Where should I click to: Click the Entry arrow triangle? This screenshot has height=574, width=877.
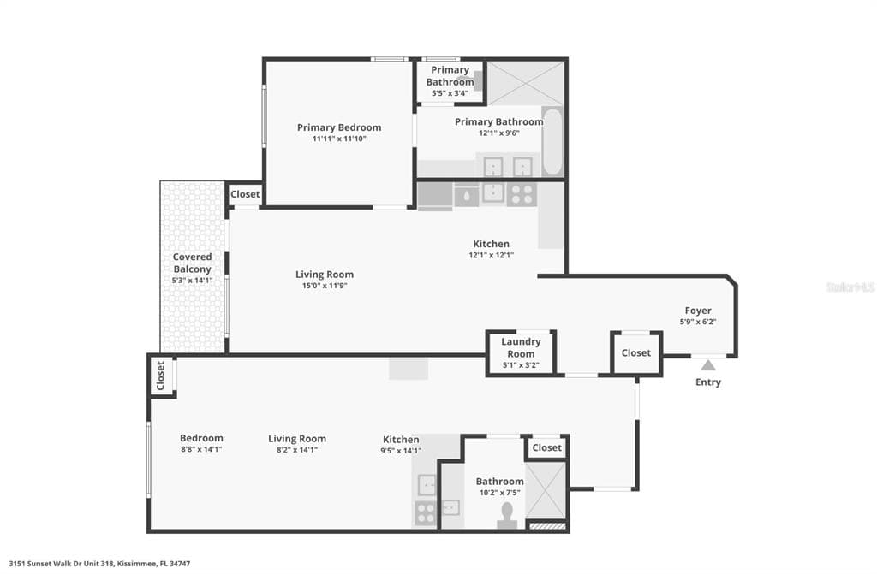pyautogui.click(x=708, y=364)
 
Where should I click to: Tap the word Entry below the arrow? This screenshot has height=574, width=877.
pyautogui.click(x=708, y=382)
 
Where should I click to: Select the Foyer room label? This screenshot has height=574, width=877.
pyautogui.click(x=697, y=311)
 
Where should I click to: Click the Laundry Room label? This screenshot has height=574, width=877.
pyautogui.click(x=521, y=348)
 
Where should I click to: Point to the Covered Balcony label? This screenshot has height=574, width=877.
pyautogui.click(x=192, y=263)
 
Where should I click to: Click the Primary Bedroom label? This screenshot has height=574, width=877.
pyautogui.click(x=339, y=127)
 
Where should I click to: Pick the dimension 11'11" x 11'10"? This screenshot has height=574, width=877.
pyautogui.click(x=339, y=139)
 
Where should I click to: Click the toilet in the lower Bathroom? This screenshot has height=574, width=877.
pyautogui.click(x=506, y=514)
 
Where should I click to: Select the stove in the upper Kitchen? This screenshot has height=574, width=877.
pyautogui.click(x=521, y=193)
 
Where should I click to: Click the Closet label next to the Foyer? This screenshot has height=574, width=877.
pyautogui.click(x=636, y=352)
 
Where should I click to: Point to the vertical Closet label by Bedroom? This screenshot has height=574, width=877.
pyautogui.click(x=160, y=375)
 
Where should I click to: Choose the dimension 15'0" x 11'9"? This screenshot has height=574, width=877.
pyautogui.click(x=325, y=286)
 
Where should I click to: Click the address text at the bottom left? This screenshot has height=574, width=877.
pyautogui.click(x=99, y=564)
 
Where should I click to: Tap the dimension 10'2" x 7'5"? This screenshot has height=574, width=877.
pyautogui.click(x=499, y=493)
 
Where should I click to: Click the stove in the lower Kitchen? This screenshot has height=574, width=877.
pyautogui.click(x=426, y=513)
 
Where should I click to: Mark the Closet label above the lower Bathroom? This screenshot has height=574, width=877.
pyautogui.click(x=547, y=447)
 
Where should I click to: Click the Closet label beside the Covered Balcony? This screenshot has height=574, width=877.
pyautogui.click(x=245, y=194)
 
